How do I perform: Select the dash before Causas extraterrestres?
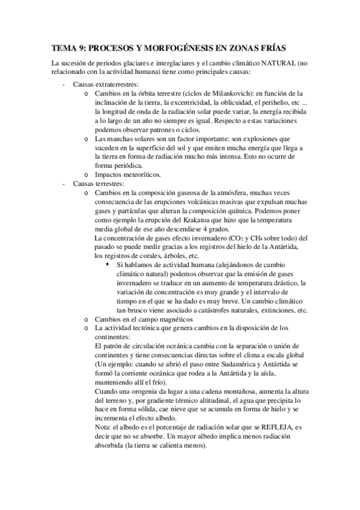click(64, 84)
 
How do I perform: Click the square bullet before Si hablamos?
click(108, 265)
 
